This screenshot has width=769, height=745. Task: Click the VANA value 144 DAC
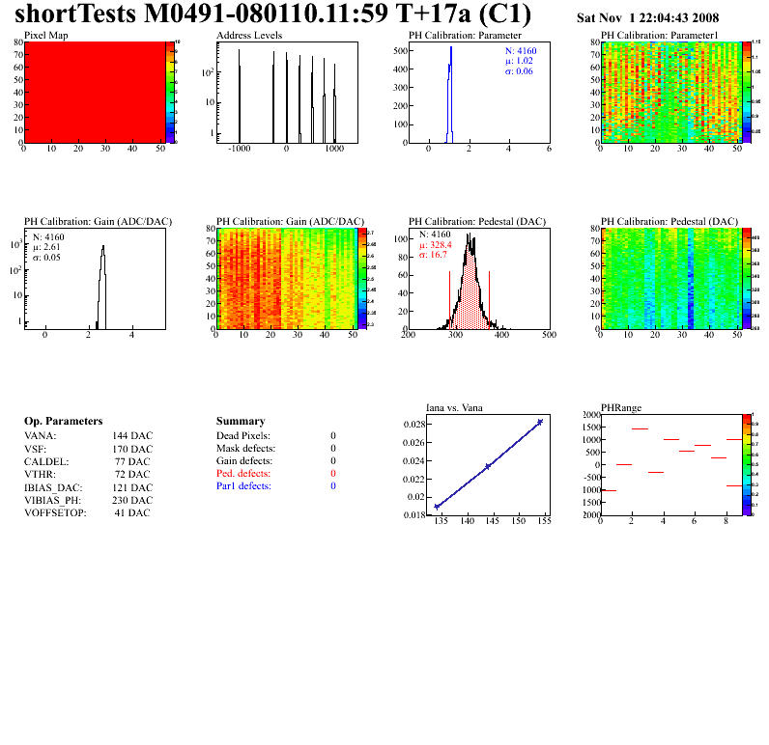coord(131,435)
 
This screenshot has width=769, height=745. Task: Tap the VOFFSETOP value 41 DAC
coord(131,512)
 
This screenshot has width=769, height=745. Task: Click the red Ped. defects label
coord(243,474)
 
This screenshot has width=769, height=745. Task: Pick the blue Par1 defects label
coord(243,486)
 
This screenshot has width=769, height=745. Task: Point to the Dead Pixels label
coord(243,435)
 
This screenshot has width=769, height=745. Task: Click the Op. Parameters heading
coord(63,422)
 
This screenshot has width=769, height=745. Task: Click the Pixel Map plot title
coord(46,35)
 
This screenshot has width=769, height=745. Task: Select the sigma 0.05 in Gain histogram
coord(49,257)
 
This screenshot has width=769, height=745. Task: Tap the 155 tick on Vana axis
coord(544,521)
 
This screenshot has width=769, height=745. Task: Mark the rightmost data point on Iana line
coord(540,422)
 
